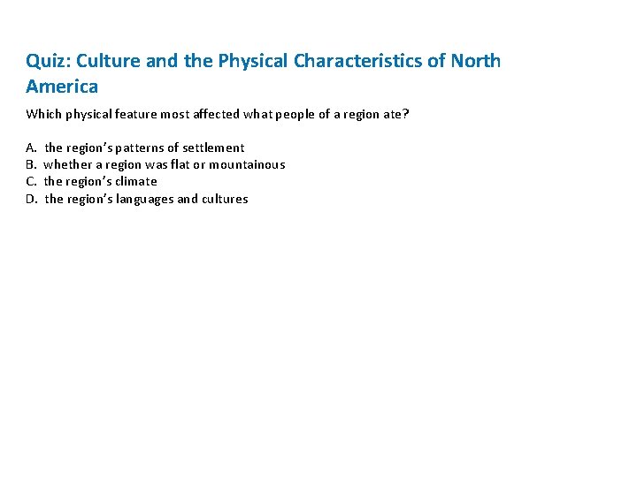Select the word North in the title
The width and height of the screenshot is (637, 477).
coord(476,61)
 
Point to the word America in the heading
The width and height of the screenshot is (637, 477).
coord(62,87)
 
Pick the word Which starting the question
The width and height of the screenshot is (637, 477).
coord(43,114)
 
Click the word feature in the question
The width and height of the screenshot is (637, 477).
coord(150,114)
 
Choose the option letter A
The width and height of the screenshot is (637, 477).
coord(31,148)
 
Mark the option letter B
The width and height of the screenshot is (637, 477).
coord(30,164)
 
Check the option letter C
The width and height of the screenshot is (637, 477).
coord(30,181)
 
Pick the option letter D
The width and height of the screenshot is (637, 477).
coord(31,199)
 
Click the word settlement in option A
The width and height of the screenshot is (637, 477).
coord(213,148)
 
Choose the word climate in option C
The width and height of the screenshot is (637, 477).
coord(135,181)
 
